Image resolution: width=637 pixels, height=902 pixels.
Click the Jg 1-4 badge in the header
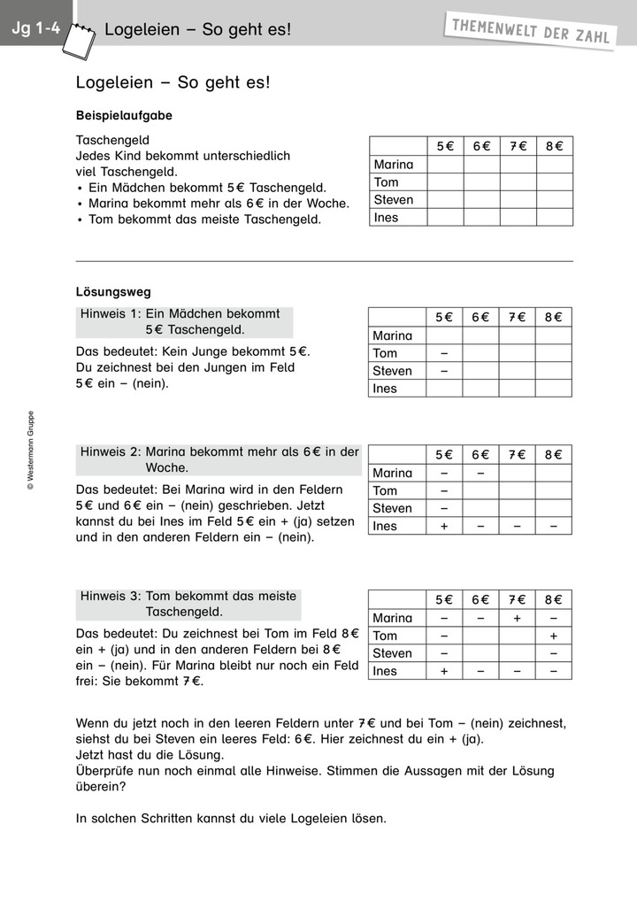point(35,28)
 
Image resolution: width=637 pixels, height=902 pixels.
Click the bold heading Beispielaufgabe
point(124,116)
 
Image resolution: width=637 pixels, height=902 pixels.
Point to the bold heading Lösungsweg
point(113,291)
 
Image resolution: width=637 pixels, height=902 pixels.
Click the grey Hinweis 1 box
point(184,322)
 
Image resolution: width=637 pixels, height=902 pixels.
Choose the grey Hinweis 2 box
point(219,459)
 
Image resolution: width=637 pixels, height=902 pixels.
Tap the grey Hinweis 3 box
point(188,604)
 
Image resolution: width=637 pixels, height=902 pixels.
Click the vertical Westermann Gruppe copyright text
point(30,450)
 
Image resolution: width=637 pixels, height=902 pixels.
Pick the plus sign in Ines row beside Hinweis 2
point(444,526)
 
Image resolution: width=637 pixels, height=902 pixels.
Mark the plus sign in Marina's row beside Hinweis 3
point(518,618)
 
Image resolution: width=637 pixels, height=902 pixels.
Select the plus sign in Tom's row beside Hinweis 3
point(554,636)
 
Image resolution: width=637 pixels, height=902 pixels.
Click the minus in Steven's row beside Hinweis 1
point(444,371)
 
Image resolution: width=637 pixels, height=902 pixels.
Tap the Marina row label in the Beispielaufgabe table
point(394,165)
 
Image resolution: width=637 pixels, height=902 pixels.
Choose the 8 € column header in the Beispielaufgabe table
point(554,146)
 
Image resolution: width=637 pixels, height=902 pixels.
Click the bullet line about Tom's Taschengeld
point(204,220)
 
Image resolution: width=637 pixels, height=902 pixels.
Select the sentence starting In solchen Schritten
point(232,819)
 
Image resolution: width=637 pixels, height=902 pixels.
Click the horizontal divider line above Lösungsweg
point(325,261)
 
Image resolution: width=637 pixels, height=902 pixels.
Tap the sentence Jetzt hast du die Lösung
point(150,755)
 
